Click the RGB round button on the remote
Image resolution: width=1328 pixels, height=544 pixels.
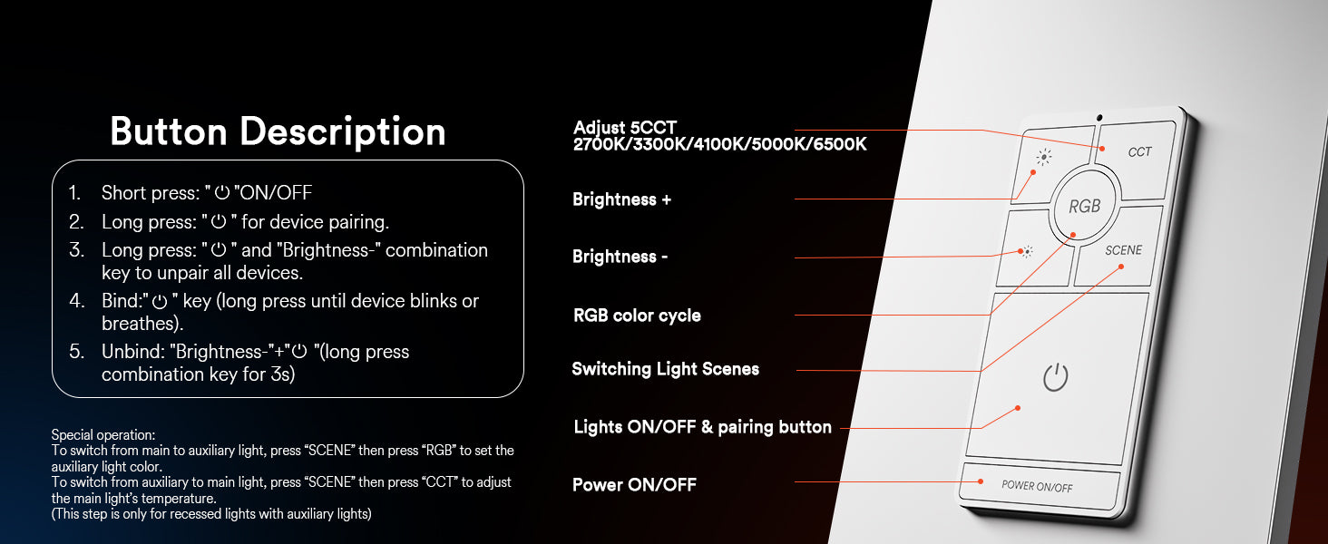coord(1084,205)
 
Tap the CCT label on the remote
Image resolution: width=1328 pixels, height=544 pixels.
coord(1139,152)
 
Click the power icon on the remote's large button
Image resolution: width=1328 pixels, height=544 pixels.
coord(1056,377)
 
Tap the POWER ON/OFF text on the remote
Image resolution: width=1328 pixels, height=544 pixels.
coord(1037,487)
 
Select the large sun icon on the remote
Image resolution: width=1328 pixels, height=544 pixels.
coord(1044,157)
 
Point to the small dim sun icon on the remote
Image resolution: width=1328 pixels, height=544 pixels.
coord(1027,251)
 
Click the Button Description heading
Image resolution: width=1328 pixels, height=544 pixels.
coord(278,131)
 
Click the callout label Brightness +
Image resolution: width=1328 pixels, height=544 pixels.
coord(622,199)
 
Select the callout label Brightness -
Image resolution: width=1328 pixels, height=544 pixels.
coord(620,257)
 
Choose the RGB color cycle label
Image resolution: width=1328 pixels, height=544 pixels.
coord(637,316)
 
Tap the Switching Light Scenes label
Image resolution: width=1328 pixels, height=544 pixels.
coord(665,369)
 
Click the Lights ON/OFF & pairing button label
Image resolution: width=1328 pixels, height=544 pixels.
coord(702,427)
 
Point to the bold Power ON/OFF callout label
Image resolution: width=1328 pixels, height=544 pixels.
coord(634,485)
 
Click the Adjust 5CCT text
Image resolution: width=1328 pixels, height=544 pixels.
coord(625,128)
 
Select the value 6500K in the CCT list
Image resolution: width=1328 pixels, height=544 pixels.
coord(840,144)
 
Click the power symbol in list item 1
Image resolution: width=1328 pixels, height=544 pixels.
coord(222,192)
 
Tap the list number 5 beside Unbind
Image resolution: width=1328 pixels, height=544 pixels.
coord(76,352)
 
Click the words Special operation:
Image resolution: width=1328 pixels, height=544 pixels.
coord(103,435)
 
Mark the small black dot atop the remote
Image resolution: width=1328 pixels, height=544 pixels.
coord(1099,118)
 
